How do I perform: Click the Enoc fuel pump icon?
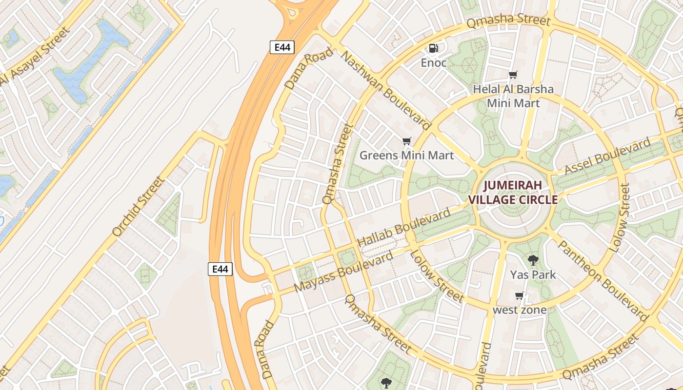[x=433, y=48]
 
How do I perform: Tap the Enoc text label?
[x=434, y=62]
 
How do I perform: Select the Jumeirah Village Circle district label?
[x=513, y=193]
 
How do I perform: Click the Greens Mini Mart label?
[x=406, y=156]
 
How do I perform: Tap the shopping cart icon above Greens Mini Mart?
[x=406, y=141]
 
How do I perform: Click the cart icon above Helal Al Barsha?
[x=513, y=75]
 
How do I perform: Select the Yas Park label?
[x=533, y=274]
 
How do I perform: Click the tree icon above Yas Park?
[x=533, y=260]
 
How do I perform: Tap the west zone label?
[x=520, y=310]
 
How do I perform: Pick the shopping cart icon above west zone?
[x=520, y=296]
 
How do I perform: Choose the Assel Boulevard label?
[x=607, y=156]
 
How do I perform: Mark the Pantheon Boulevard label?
[x=603, y=280]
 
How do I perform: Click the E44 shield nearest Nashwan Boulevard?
[x=282, y=47]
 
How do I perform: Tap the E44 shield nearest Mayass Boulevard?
[x=220, y=269]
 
